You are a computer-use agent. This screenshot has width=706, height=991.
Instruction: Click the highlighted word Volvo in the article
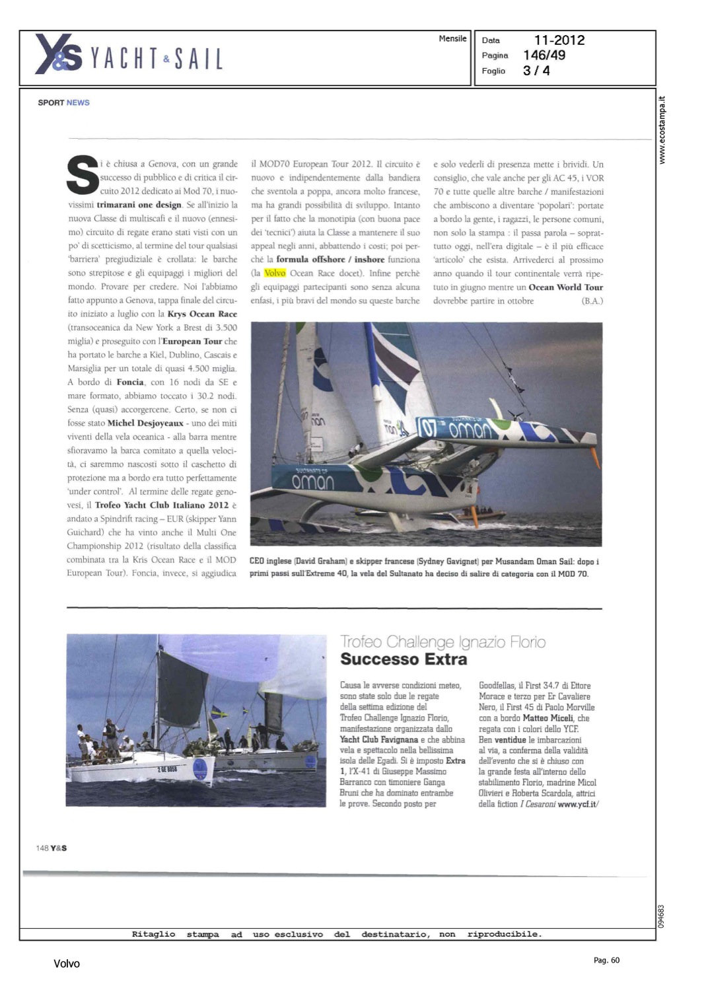pos(275,273)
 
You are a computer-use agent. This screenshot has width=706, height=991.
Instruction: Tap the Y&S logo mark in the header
pos(58,54)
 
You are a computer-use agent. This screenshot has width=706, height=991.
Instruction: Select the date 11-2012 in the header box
pos(559,40)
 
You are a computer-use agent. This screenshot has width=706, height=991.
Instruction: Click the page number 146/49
pos(544,55)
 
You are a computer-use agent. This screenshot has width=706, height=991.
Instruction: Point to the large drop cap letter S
pos(83,175)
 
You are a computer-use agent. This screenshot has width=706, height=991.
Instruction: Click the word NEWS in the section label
pos(78,103)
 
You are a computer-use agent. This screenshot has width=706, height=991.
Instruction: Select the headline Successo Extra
pos(404,659)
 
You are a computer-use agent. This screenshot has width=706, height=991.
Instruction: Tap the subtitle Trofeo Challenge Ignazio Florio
pos(442,642)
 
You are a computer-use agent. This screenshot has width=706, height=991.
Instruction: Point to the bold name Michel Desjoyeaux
pos(145,423)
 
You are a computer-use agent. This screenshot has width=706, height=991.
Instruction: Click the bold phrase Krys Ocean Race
pos(202,314)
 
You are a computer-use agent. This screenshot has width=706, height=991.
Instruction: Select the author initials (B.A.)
pos(592,301)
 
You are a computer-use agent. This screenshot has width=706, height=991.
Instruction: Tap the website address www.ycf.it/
pos(578,804)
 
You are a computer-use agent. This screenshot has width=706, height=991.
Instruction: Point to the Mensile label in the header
pos(452,39)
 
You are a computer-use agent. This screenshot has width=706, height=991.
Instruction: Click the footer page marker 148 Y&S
pos(52,848)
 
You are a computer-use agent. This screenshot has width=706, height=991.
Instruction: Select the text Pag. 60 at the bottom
pos(606,961)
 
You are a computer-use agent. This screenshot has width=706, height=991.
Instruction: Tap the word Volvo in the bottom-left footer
pos(67,964)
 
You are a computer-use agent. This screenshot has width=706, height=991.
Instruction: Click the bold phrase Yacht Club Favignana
pos(379,740)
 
